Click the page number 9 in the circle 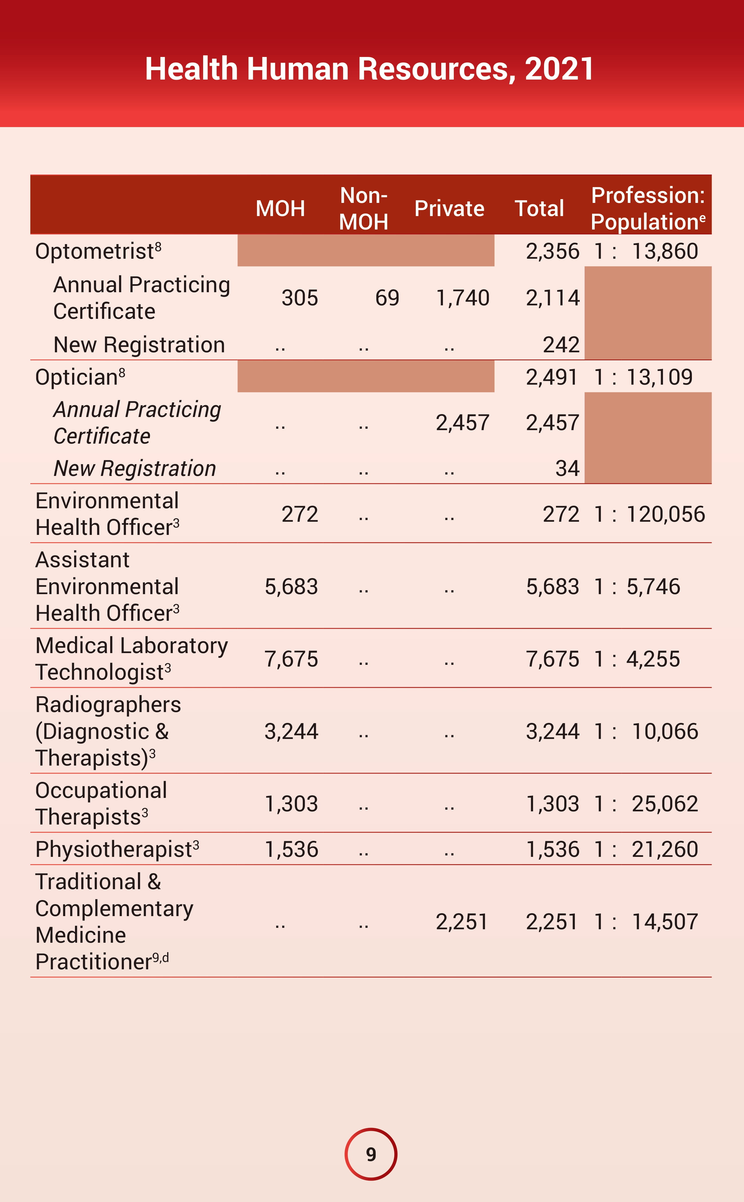click(x=371, y=1154)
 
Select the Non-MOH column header click(x=364, y=209)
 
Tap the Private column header click(x=449, y=209)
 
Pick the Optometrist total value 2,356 click(x=553, y=252)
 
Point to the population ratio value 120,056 click(x=666, y=515)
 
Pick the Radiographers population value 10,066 click(x=665, y=732)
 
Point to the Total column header click(x=539, y=209)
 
